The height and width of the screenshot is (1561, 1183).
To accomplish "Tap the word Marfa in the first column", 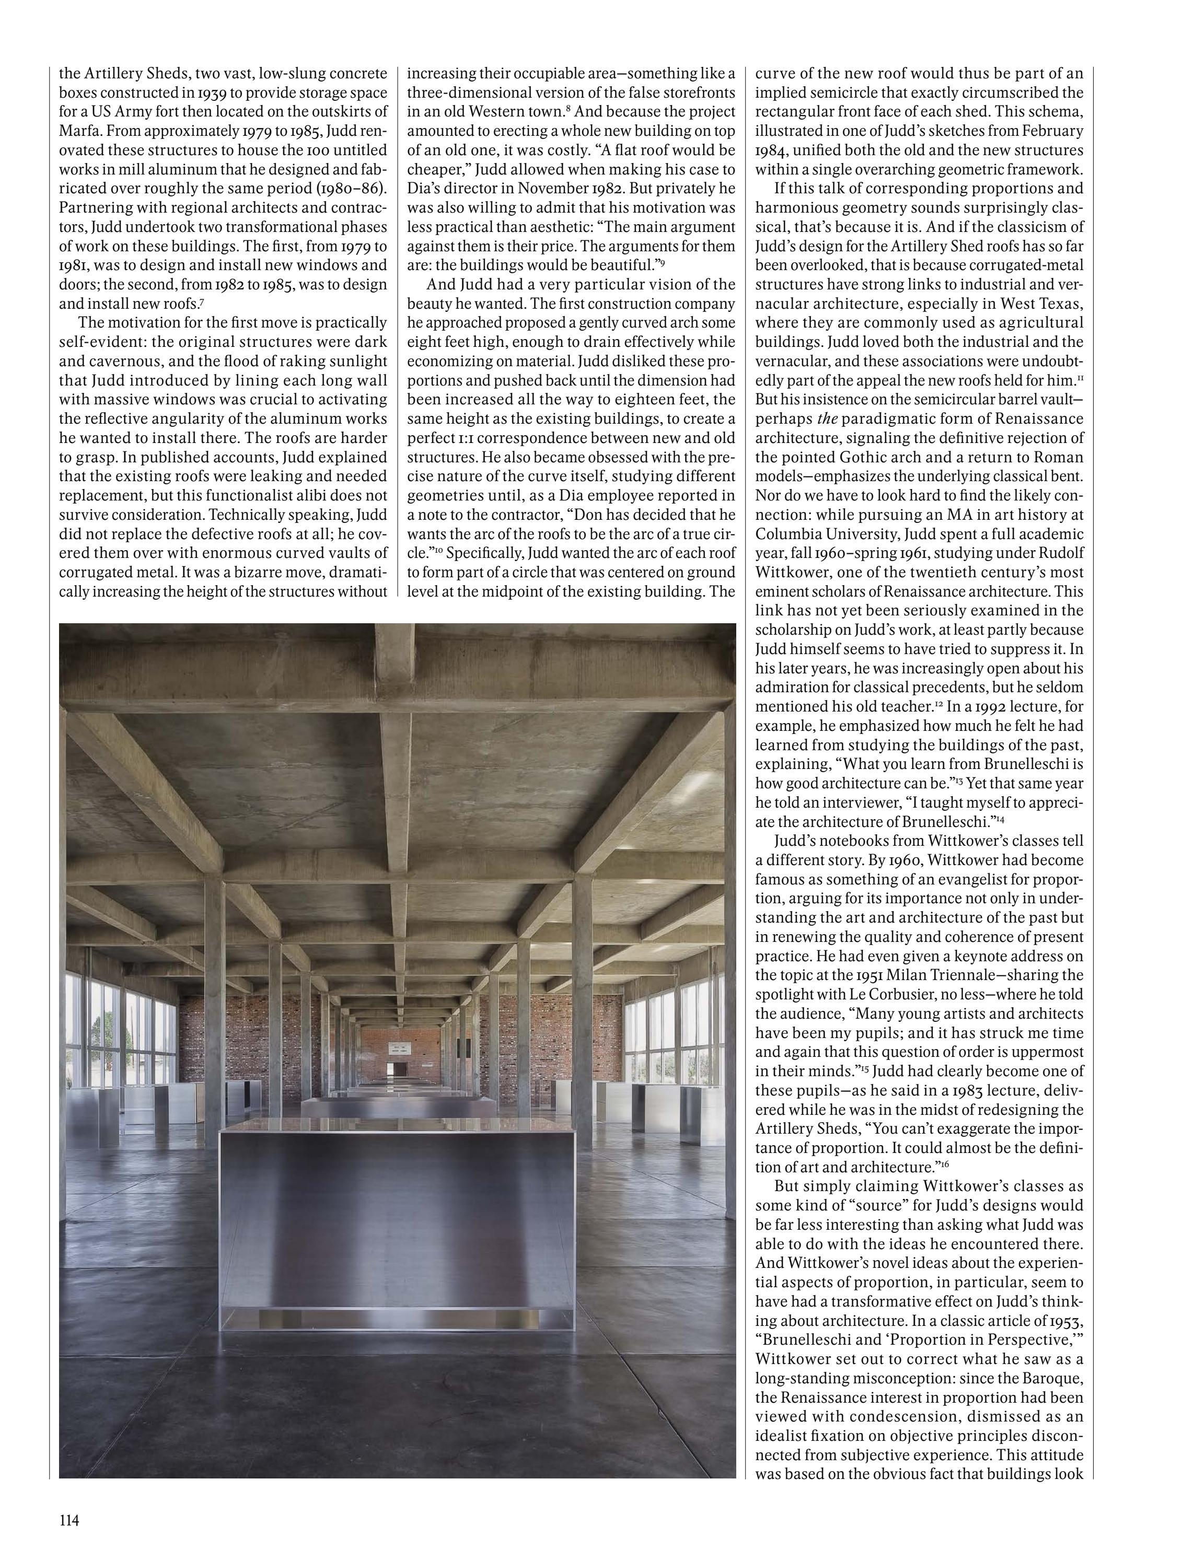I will point(76,131).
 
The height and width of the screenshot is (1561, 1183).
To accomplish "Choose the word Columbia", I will point(785,533).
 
